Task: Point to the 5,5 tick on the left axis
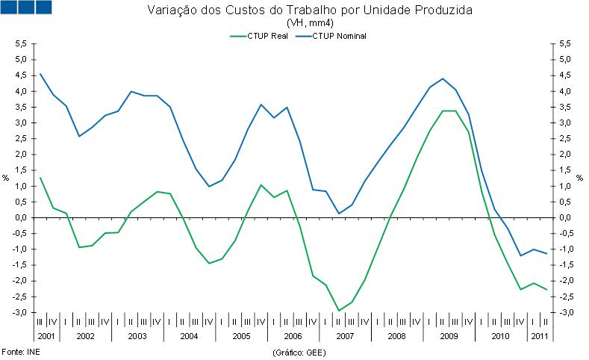pos(20,44)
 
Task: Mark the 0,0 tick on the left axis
pos(20,217)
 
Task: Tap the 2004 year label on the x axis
pos(189,336)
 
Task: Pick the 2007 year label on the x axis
pos(345,336)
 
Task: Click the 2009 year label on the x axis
pos(449,336)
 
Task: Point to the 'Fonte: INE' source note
pos(20,350)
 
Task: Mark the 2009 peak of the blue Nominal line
pos(443,78)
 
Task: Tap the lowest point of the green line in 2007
pos(338,310)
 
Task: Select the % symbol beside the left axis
pos(6,178)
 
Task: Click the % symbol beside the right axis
pos(582,178)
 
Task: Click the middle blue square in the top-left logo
pos(26,7)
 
